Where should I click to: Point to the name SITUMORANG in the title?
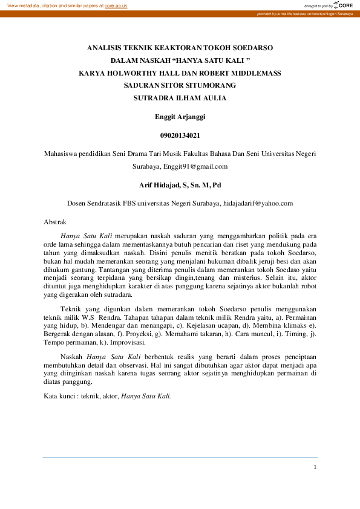pos(212,85)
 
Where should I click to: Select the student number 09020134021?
pos(180,135)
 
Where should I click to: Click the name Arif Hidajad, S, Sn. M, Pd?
pos(180,184)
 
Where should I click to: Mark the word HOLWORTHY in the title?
pos(133,73)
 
